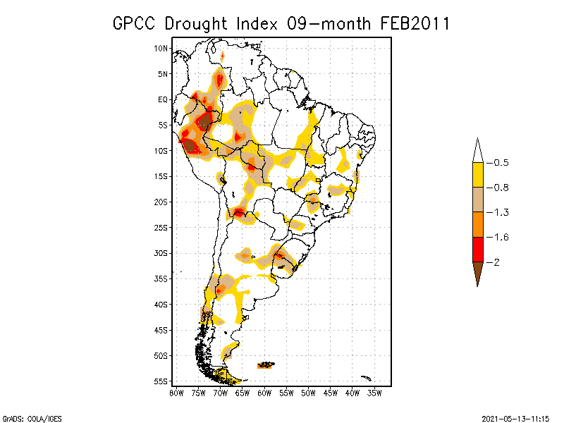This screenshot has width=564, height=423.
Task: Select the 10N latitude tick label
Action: tap(161, 48)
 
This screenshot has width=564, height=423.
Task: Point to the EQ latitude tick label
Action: tap(163, 99)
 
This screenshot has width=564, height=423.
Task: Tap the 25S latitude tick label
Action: tap(161, 227)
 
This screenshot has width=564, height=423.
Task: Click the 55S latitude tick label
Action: tap(161, 381)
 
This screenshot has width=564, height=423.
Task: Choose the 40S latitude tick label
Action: tap(161, 304)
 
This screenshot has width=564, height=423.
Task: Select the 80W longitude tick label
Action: tap(176, 393)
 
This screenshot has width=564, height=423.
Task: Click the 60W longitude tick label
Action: tap(264, 393)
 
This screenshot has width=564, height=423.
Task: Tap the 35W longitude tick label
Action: tap(374, 393)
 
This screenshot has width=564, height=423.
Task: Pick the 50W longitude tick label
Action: tap(308, 393)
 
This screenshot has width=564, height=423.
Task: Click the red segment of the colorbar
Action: tap(477, 249)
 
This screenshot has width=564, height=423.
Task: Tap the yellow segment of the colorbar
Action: tap(477, 175)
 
